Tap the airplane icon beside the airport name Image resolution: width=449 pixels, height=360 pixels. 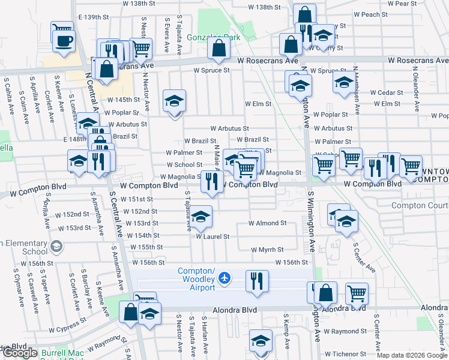pyautogui.click(x=224, y=278)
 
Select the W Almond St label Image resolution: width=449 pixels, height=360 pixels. pyautogui.click(x=268, y=223)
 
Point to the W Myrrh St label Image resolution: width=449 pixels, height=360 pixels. pyautogui.click(x=267, y=250)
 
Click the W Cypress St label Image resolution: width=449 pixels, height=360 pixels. pyautogui.click(x=68, y=329)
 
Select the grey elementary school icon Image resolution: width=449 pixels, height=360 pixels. pyautogui.click(x=56, y=247)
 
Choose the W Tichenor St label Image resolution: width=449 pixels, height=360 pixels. pyautogui.click(x=346, y=354)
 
